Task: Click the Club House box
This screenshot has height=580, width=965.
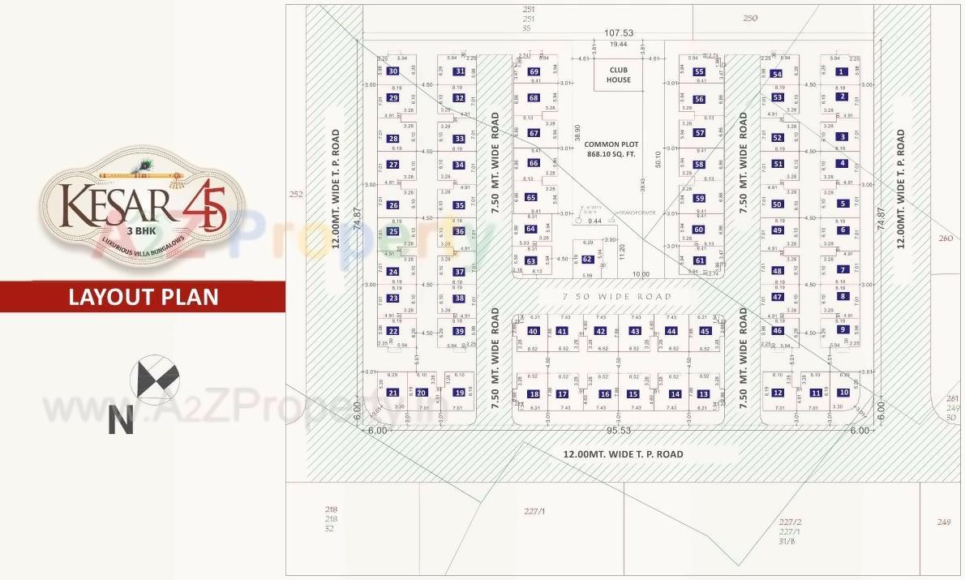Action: pyautogui.click(x=619, y=75)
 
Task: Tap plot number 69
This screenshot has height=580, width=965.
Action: pyautogui.click(x=534, y=71)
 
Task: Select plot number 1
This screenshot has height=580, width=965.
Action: pyautogui.click(x=841, y=71)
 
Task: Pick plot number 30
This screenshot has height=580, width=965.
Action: pyautogui.click(x=393, y=71)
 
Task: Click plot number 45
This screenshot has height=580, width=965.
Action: pyautogui.click(x=705, y=331)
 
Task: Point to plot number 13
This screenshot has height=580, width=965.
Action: pyautogui.click(x=703, y=394)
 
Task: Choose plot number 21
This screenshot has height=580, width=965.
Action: pyautogui.click(x=393, y=393)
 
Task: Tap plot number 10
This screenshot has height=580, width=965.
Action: pyautogui.click(x=843, y=393)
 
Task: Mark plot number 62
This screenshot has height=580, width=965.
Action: pyautogui.click(x=587, y=260)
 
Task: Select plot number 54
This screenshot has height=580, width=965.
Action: pyautogui.click(x=777, y=75)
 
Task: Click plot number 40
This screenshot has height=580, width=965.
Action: pyautogui.click(x=533, y=331)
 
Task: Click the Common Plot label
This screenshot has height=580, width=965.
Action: pyautogui.click(x=612, y=148)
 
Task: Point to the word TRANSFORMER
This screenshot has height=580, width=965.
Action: pyautogui.click(x=637, y=213)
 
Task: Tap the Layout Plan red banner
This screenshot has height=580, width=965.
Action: pyautogui.click(x=143, y=297)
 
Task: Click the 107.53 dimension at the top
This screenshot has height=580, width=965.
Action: pyautogui.click(x=618, y=33)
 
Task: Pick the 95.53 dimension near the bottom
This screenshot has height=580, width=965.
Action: pyautogui.click(x=618, y=430)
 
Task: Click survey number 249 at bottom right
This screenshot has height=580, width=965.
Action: pyautogui.click(x=943, y=522)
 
